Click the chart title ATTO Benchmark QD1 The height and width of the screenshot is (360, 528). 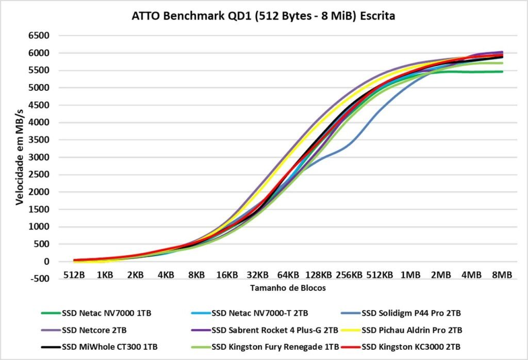[x=263, y=16]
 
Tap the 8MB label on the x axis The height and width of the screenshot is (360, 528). [x=502, y=275]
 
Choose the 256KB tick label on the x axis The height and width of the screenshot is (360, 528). [x=349, y=275]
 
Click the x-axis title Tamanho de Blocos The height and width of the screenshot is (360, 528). [x=288, y=288]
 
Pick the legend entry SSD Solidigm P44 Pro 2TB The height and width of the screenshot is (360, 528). [x=404, y=313]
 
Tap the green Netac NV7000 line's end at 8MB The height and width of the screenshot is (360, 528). [x=502, y=72]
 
